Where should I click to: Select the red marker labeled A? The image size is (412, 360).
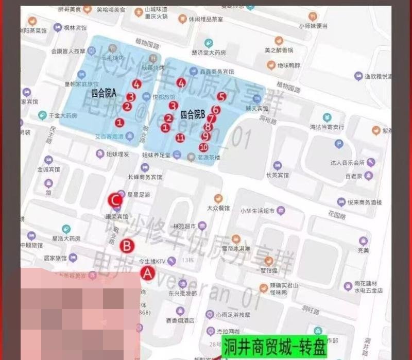pos(148,273)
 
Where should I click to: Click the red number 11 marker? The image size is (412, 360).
pos(180,138)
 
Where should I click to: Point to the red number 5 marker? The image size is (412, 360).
pos(221,96)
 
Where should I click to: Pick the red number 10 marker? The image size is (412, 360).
pos(203,147)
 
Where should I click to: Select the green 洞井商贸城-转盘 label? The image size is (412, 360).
pos(275,348)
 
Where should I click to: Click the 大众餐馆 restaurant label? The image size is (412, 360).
pos(218,209)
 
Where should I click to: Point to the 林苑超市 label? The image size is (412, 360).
pos(184,226)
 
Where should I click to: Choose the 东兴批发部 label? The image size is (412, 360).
pos(182,293)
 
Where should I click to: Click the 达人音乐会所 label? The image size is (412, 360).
pos(348,163)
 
